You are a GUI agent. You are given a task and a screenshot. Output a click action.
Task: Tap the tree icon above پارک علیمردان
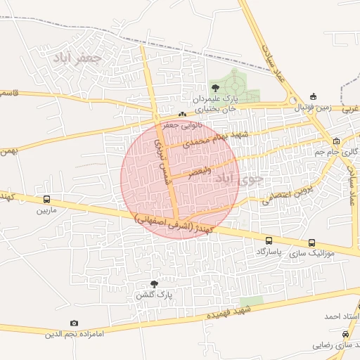[214, 88]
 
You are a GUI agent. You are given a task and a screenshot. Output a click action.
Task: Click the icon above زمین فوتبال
[313, 96]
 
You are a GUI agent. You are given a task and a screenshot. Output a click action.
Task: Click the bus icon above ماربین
[46, 199]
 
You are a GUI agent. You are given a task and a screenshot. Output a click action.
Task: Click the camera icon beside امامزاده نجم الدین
[75, 323]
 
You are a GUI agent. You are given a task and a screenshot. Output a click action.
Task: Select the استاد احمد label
[342, 318]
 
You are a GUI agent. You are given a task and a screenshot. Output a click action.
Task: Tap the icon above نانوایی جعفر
[182, 114]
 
